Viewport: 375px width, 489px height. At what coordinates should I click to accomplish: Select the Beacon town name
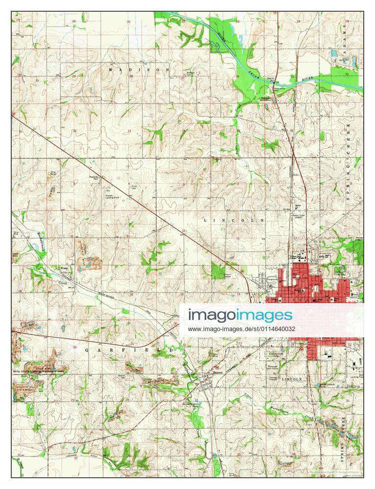pos(217,373)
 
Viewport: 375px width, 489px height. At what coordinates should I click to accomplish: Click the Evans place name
pos(63,268)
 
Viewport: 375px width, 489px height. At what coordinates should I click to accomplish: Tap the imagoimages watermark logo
pos(240,315)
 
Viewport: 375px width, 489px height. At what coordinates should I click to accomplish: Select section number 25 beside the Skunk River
pos(292,77)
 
